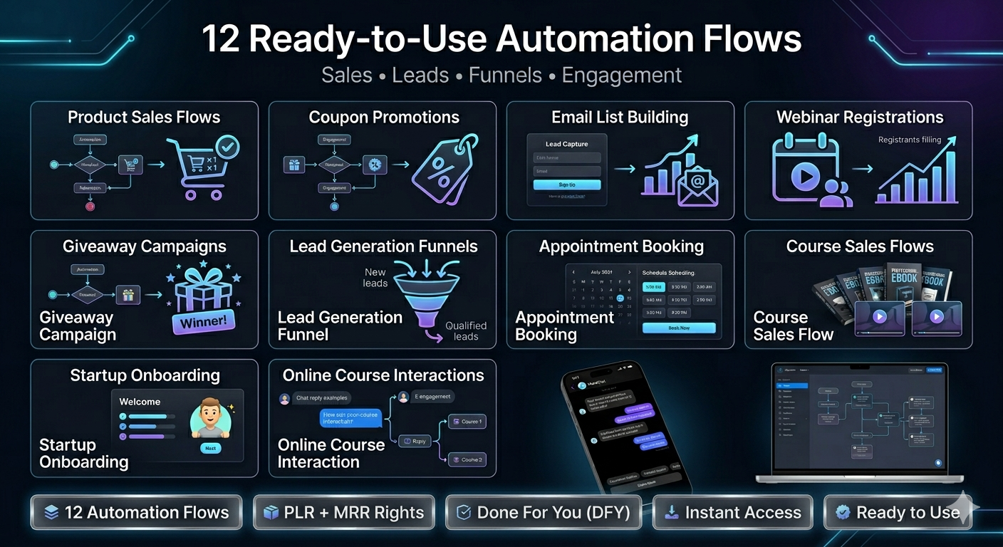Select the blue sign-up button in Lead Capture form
[567, 184]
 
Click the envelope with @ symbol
[698, 187]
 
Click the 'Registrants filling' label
[910, 140]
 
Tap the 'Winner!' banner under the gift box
[203, 322]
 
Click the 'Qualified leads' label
[466, 330]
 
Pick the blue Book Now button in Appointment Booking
[678, 328]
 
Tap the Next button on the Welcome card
[210, 448]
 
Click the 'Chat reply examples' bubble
[322, 398]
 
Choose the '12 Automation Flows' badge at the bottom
[137, 512]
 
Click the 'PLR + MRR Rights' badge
[343, 512]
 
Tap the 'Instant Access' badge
[732, 512]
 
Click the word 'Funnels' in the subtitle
[505, 75]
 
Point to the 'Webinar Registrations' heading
[859, 118]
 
